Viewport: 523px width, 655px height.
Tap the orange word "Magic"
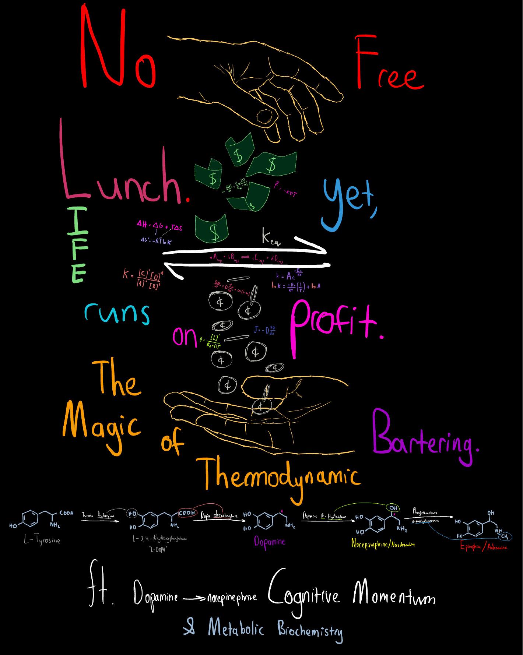(101, 423)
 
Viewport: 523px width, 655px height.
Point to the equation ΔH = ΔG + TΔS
(159, 225)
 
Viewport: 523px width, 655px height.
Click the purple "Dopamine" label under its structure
(269, 542)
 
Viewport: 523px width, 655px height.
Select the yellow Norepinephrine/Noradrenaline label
(383, 543)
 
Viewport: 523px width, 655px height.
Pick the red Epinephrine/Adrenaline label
(483, 547)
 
